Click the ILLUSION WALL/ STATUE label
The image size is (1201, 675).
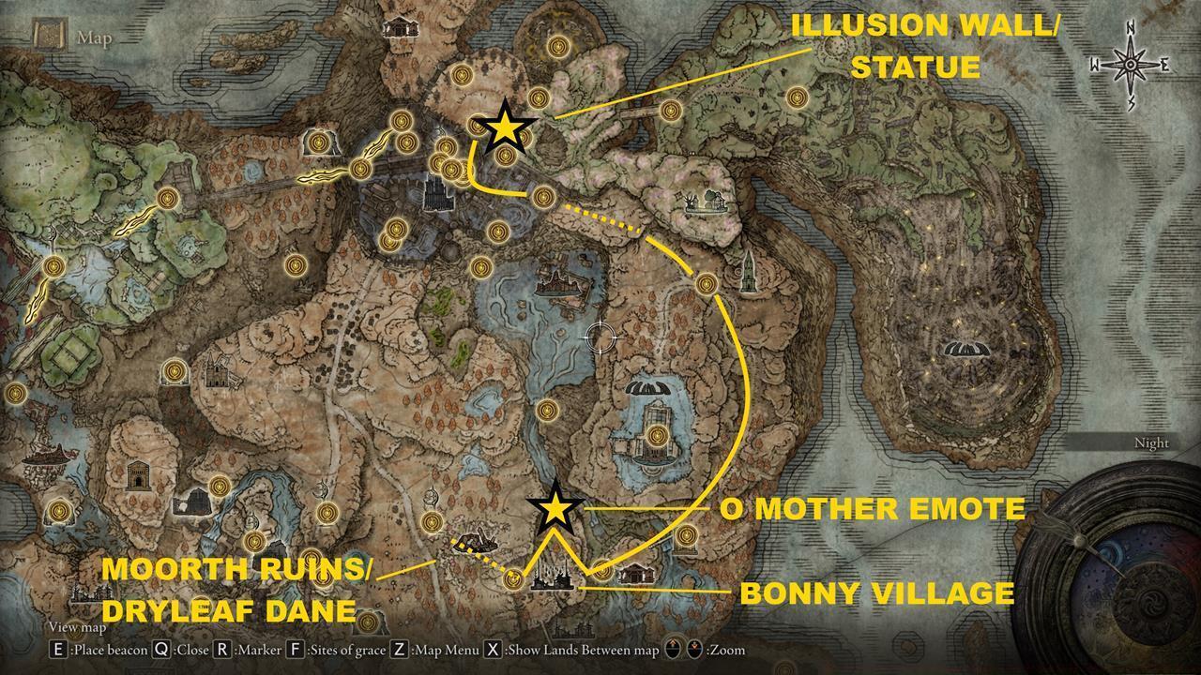tap(924, 46)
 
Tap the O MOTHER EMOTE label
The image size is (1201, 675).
tap(872, 509)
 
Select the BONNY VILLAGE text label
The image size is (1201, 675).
tap(877, 593)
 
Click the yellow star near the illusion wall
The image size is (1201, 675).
tap(505, 127)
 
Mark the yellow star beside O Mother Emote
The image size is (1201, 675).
tap(555, 507)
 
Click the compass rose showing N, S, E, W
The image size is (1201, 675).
tap(1131, 65)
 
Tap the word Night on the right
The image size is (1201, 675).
tap(1151, 442)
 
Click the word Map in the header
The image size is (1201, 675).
tap(95, 38)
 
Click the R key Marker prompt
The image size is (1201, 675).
tap(248, 649)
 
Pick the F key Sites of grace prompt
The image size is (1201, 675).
tap(335, 649)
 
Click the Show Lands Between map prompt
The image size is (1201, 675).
tap(572, 649)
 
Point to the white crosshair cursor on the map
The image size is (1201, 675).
tap(600, 336)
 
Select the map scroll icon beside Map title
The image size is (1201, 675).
tap(47, 36)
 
